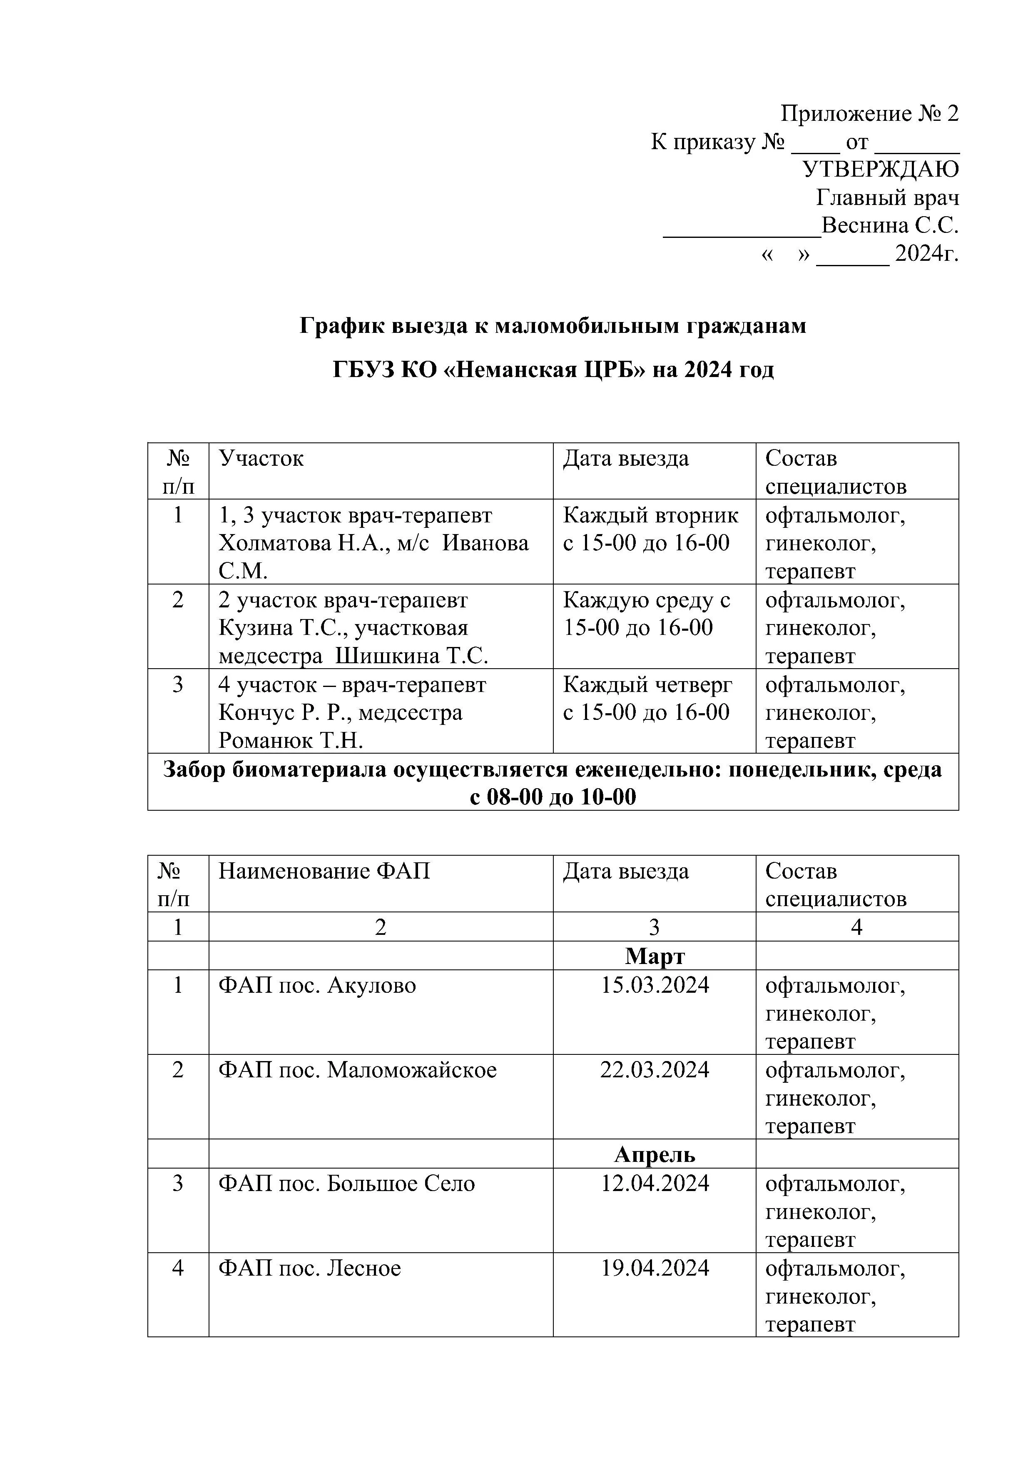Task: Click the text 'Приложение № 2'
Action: pyautogui.click(x=869, y=114)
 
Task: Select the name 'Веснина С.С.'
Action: pyautogui.click(x=889, y=226)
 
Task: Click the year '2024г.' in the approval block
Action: pyautogui.click(x=926, y=254)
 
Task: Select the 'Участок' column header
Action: pyautogui.click(x=261, y=459)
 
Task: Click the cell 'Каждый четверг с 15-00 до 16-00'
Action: pyautogui.click(x=647, y=699)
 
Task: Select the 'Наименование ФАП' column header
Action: pyautogui.click(x=324, y=871)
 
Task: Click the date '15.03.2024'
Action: pyautogui.click(x=655, y=985)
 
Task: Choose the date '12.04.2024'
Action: pyautogui.click(x=655, y=1183)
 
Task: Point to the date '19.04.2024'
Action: pyautogui.click(x=655, y=1268)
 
